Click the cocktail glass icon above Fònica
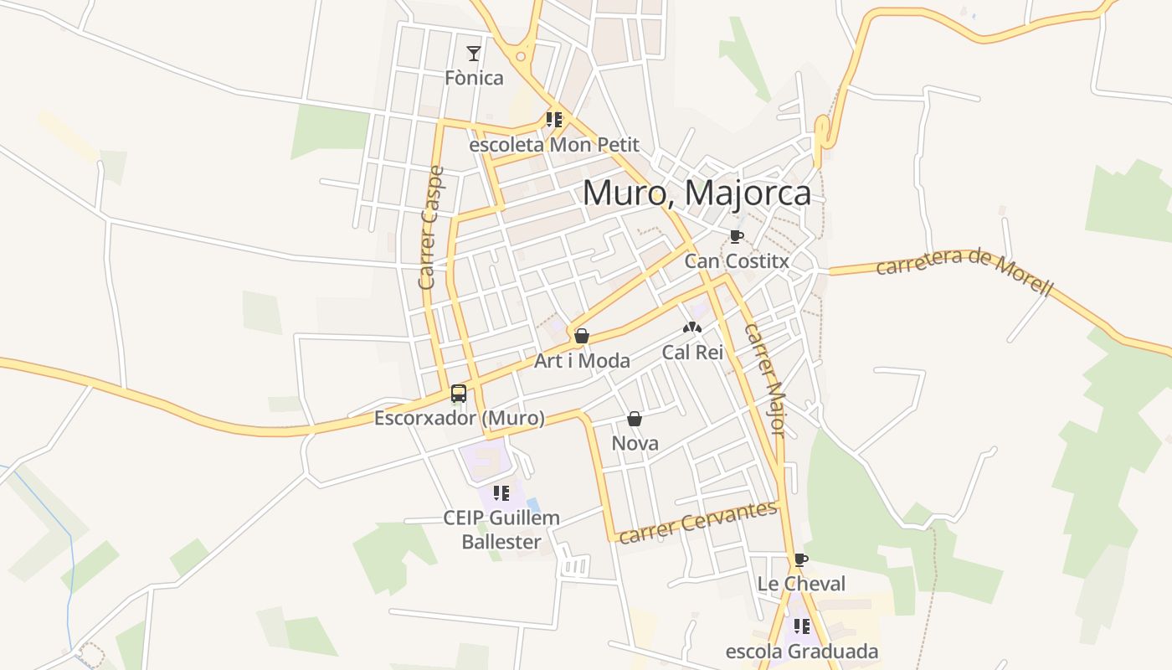tap(474, 54)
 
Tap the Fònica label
tap(474, 78)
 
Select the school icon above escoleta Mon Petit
tap(553, 120)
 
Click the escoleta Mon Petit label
tap(553, 145)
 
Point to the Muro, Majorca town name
tap(697, 193)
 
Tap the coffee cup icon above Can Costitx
tap(736, 236)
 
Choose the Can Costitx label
tap(736, 261)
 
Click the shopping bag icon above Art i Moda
tap(582, 336)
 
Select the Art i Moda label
tap(582, 361)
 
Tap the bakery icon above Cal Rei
tap(691, 327)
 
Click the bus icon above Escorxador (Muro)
tap(459, 393)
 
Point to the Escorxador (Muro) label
tap(459, 418)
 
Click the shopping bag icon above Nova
tap(635, 419)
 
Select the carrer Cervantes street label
tap(698, 523)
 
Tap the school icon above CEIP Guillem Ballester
tap(501, 493)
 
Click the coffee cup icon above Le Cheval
tap(801, 559)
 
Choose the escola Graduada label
tap(801, 652)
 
